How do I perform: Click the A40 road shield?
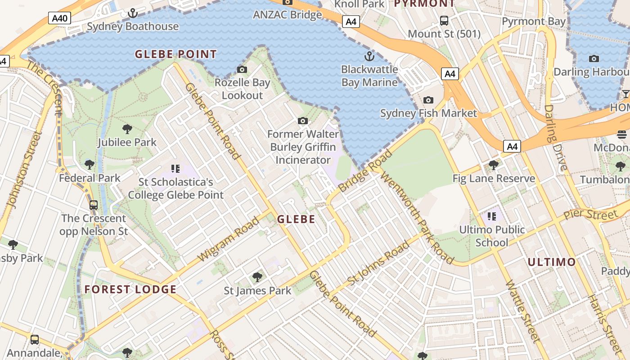(59, 18)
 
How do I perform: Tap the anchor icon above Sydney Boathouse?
(132, 13)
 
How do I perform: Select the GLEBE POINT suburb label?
(176, 54)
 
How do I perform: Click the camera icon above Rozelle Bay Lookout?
(242, 69)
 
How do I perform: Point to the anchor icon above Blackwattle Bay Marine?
(369, 56)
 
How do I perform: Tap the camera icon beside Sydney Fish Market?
(428, 100)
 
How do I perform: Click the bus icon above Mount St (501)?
(444, 20)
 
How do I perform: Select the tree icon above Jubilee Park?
(127, 129)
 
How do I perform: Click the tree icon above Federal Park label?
(90, 165)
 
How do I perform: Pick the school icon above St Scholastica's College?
(175, 169)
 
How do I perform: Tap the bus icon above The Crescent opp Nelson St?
(94, 205)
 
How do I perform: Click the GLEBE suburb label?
(296, 220)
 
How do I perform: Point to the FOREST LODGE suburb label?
(130, 289)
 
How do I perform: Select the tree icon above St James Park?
(257, 277)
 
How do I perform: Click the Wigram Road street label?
(229, 239)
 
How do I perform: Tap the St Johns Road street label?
(379, 263)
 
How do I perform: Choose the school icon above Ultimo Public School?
(491, 216)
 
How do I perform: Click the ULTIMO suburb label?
(551, 262)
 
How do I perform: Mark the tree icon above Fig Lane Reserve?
(494, 165)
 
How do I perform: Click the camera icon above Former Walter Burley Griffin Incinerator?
(303, 121)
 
